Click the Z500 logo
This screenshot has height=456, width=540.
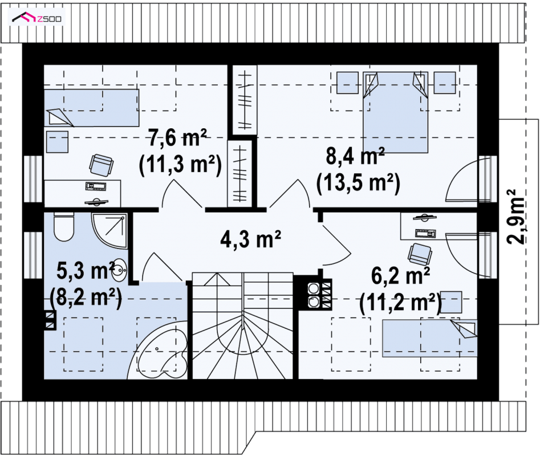click(x=36, y=18)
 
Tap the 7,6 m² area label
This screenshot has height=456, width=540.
click(x=178, y=138)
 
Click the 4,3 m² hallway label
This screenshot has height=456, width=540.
click(x=250, y=239)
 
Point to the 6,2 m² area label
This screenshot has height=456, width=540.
click(x=400, y=276)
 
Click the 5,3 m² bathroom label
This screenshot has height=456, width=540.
click(x=86, y=270)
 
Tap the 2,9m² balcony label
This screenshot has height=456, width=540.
click(x=516, y=217)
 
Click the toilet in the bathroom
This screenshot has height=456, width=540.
click(x=64, y=227)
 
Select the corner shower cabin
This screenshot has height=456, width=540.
click(x=109, y=230)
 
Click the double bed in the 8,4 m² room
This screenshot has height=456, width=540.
click(x=395, y=112)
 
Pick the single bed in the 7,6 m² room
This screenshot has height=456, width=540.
click(x=92, y=108)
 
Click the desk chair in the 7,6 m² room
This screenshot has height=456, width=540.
click(x=101, y=165)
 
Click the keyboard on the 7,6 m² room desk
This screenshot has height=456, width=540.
click(x=96, y=186)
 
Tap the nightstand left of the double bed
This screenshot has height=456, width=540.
click(x=347, y=83)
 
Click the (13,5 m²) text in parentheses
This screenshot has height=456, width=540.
click(x=358, y=183)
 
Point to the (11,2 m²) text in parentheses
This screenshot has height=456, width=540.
click(x=400, y=303)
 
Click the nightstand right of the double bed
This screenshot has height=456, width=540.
click(x=445, y=83)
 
